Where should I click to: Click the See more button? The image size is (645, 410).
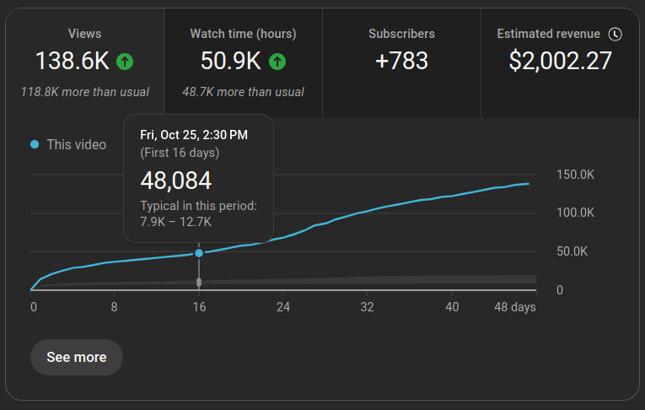click(x=77, y=357)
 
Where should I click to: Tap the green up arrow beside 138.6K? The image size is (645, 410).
click(x=125, y=62)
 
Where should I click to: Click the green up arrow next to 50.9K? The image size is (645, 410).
click(x=277, y=62)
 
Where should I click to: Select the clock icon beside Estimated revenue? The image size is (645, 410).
click(x=615, y=34)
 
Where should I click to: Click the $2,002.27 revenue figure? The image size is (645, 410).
click(x=560, y=61)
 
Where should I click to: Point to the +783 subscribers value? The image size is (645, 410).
click(x=401, y=61)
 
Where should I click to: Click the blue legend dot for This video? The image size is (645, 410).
click(x=35, y=144)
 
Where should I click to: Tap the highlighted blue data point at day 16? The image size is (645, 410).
click(x=199, y=253)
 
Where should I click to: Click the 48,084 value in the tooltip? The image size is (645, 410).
click(x=175, y=181)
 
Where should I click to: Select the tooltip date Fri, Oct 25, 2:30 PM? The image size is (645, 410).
click(x=194, y=135)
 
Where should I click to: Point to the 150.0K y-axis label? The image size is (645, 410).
click(x=576, y=175)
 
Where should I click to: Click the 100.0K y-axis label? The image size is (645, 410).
click(x=576, y=213)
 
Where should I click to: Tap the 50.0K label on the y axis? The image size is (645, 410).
click(x=572, y=251)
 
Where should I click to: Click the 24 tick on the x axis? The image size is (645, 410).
click(x=283, y=307)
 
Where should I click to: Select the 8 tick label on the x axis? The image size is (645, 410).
click(x=114, y=307)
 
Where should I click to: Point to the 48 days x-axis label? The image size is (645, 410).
click(x=515, y=307)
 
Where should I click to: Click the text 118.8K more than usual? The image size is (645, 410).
click(x=85, y=92)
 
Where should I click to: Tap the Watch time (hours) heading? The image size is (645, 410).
click(x=243, y=34)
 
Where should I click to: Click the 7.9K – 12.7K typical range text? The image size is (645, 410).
click(x=175, y=222)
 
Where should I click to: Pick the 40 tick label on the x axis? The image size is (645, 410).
click(x=452, y=307)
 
